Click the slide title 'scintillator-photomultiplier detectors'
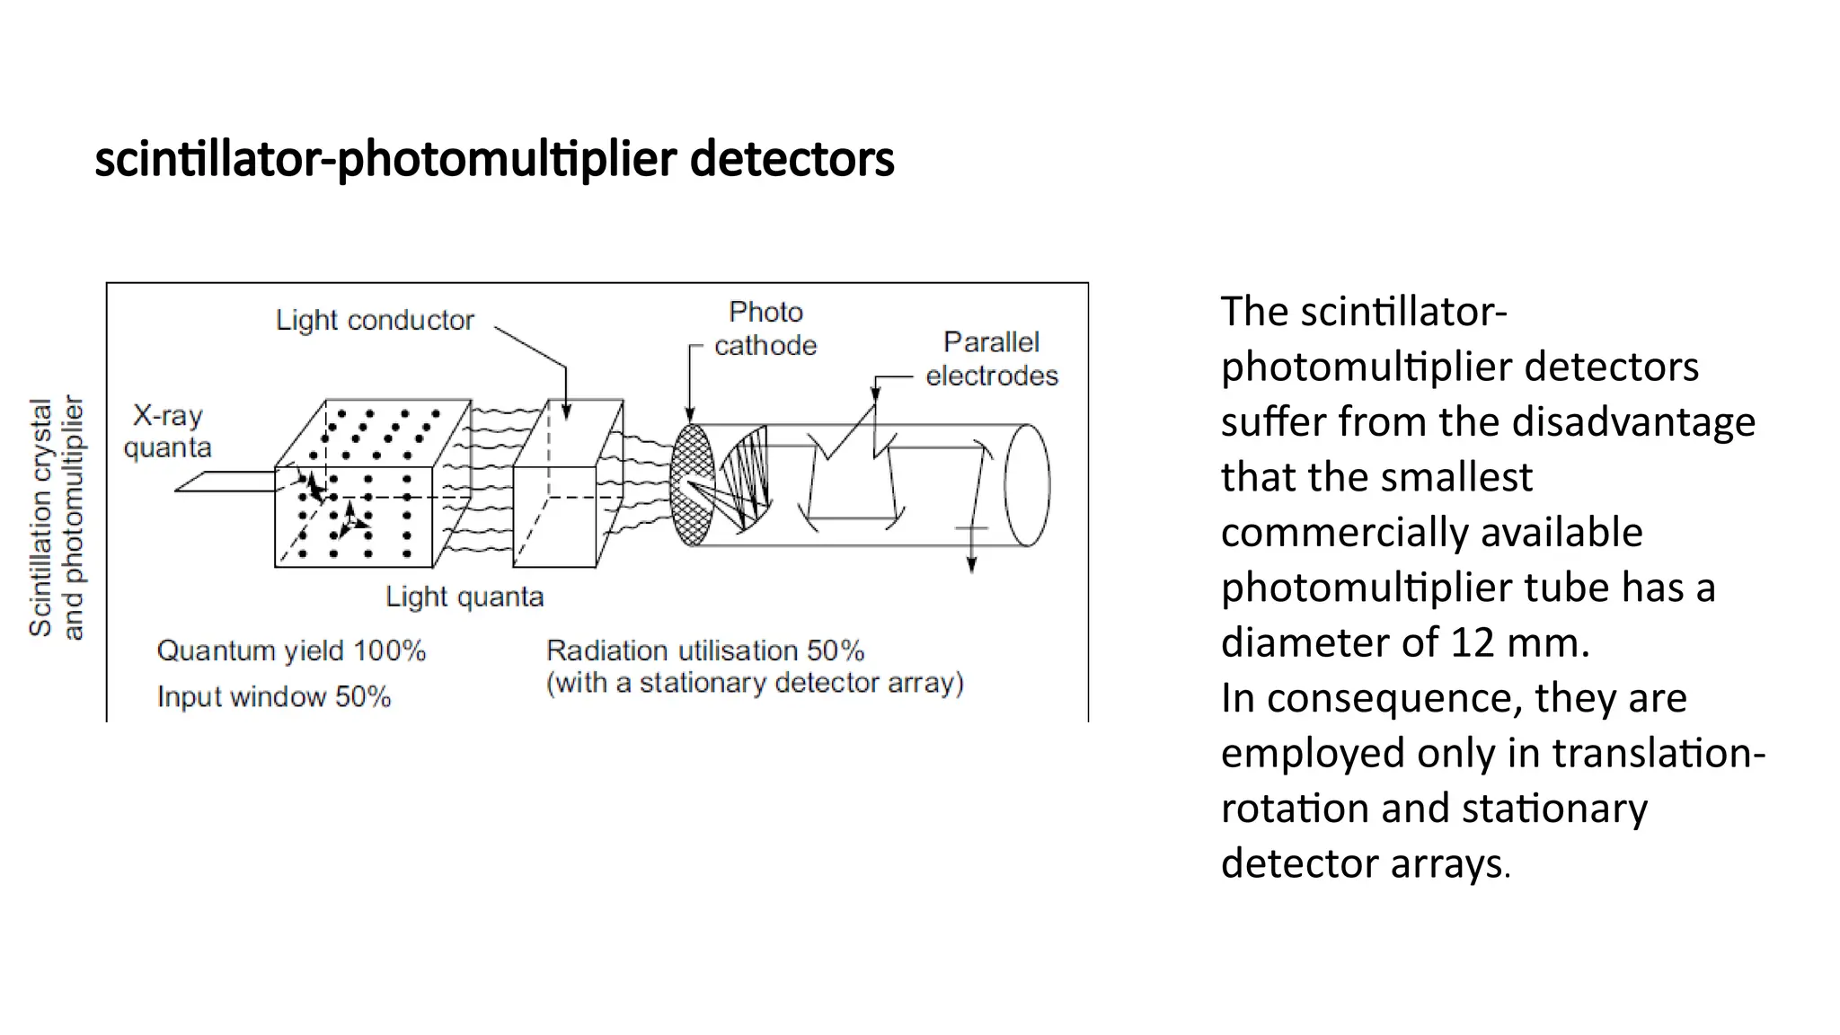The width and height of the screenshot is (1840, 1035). [x=494, y=159]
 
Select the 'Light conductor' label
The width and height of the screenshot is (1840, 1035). [x=375, y=320]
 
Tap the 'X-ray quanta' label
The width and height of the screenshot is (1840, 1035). [x=168, y=431]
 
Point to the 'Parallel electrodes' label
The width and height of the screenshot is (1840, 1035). [x=992, y=358]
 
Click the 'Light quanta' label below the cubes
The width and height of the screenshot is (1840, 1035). [x=464, y=597]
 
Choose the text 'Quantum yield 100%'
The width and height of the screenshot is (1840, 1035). [x=291, y=650]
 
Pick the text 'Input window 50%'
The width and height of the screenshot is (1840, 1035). [x=274, y=696]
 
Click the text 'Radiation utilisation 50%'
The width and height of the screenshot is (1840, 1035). [x=705, y=650]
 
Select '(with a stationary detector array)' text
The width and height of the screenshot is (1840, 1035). [x=755, y=683]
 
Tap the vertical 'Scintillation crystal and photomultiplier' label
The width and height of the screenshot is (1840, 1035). [x=56, y=517]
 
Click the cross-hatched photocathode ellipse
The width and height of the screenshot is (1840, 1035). [x=692, y=485]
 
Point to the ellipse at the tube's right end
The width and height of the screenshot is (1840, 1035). [x=1027, y=485]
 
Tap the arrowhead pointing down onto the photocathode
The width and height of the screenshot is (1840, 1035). [x=690, y=415]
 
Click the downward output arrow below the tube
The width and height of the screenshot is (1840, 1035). [x=971, y=562]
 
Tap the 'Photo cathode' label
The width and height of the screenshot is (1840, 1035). [x=765, y=328]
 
